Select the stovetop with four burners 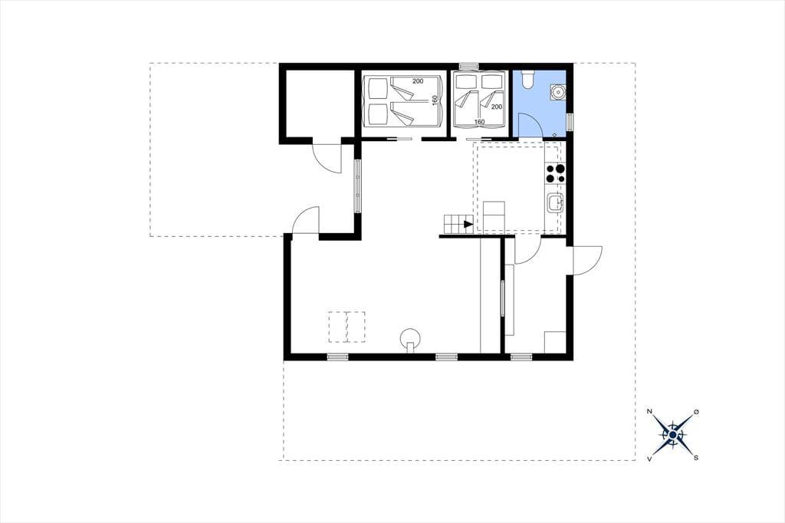pyautogui.click(x=555, y=173)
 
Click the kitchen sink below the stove pyautogui.click(x=555, y=203)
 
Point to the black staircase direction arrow pyautogui.click(x=468, y=225)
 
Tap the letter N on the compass pyautogui.click(x=650, y=411)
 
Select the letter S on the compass pyautogui.click(x=696, y=457)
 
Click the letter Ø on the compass pyautogui.click(x=696, y=412)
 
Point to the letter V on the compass pyautogui.click(x=650, y=459)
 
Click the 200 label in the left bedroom pyautogui.click(x=418, y=81)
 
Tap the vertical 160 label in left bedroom pyautogui.click(x=435, y=100)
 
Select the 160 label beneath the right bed pyautogui.click(x=479, y=122)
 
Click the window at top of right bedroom pyautogui.click(x=469, y=66)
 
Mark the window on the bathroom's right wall pyautogui.click(x=570, y=122)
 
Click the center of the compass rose pyautogui.click(x=673, y=435)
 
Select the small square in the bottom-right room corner pyautogui.click(x=555, y=342)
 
